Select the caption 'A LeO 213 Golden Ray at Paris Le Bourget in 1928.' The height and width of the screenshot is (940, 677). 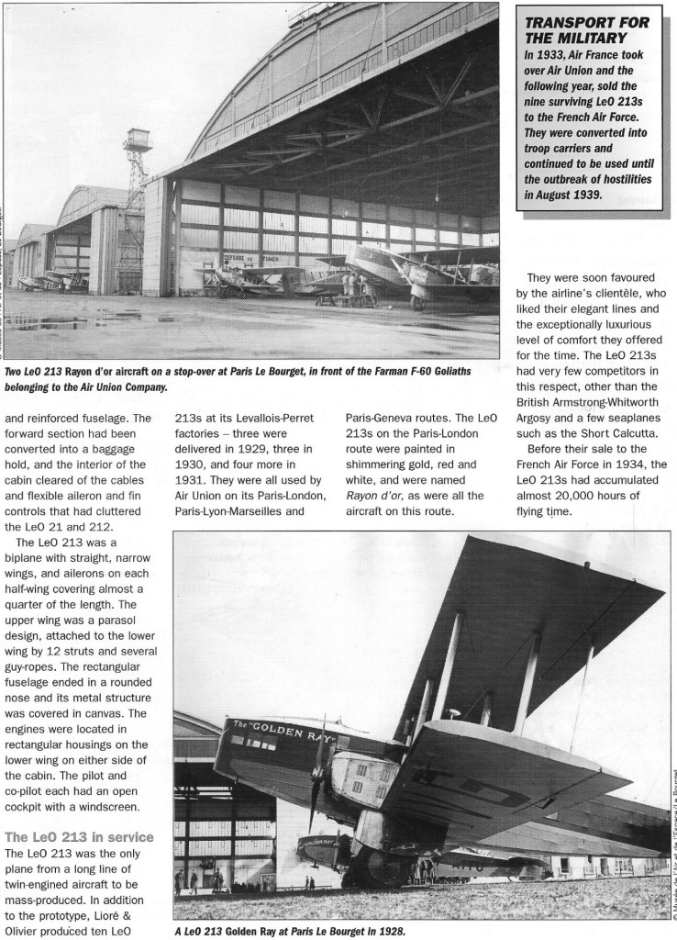click(290, 930)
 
